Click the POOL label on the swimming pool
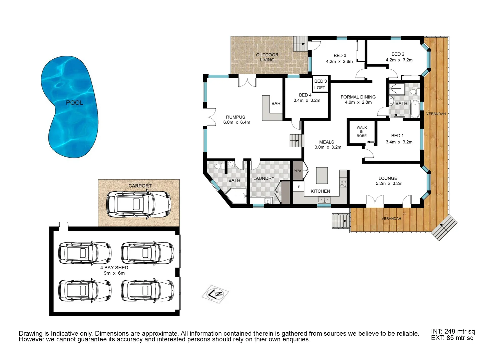pyautogui.click(x=74, y=103)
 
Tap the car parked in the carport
pyautogui.click(x=138, y=204)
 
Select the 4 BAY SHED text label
pyautogui.click(x=114, y=268)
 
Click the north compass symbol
pyautogui.click(x=215, y=294)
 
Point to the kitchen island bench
pyautogui.click(x=322, y=176)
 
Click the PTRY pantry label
pyautogui.click(x=298, y=171)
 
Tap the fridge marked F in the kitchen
pyautogui.click(x=299, y=187)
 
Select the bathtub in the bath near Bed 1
pyautogui.click(x=415, y=109)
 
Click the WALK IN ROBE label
pyautogui.click(x=362, y=132)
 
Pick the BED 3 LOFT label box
pyautogui.click(x=320, y=84)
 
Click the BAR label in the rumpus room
pyautogui.click(x=276, y=104)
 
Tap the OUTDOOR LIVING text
pyautogui.click(x=267, y=57)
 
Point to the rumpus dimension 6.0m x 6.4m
pyautogui.click(x=237, y=122)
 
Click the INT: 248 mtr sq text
pyautogui.click(x=453, y=331)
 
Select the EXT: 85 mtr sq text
pyautogui.click(x=452, y=338)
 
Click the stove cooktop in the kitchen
pyautogui.click(x=343, y=184)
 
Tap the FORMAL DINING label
pyautogui.click(x=358, y=97)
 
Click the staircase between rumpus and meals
pyautogui.click(x=296, y=140)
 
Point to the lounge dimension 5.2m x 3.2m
pyautogui.click(x=389, y=183)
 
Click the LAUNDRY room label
pyautogui.click(x=264, y=178)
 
